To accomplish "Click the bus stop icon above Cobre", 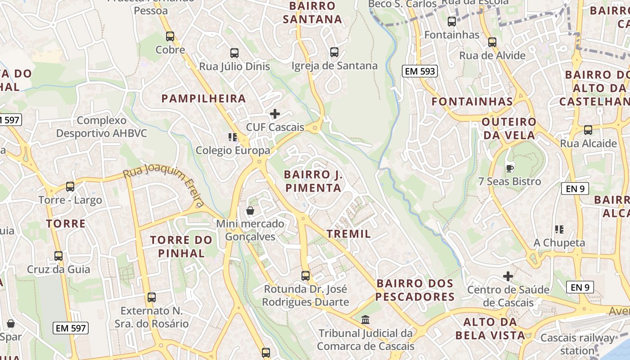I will point(170,36).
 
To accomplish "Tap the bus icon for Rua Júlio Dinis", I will point(234,53).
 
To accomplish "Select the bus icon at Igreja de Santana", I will point(334,52).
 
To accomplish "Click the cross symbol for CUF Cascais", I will point(274,114).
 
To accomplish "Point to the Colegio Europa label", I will point(233,150).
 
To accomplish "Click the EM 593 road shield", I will point(420,71).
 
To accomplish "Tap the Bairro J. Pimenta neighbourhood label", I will point(313,181).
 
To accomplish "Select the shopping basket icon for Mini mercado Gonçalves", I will point(250,211).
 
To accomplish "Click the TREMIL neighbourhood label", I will point(349,234).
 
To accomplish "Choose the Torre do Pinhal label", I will point(181,246).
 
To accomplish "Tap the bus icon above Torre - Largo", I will point(70,187).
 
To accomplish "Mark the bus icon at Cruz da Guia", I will point(58,256).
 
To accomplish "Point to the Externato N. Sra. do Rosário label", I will point(151,317).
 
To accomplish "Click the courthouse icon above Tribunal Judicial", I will point(366,320).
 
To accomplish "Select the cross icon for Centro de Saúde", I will point(508,276).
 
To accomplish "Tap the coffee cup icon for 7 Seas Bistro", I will point(509,168).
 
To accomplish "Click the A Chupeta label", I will point(559,243).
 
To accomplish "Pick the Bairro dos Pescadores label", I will point(415,290).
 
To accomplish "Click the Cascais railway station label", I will point(577,344).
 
